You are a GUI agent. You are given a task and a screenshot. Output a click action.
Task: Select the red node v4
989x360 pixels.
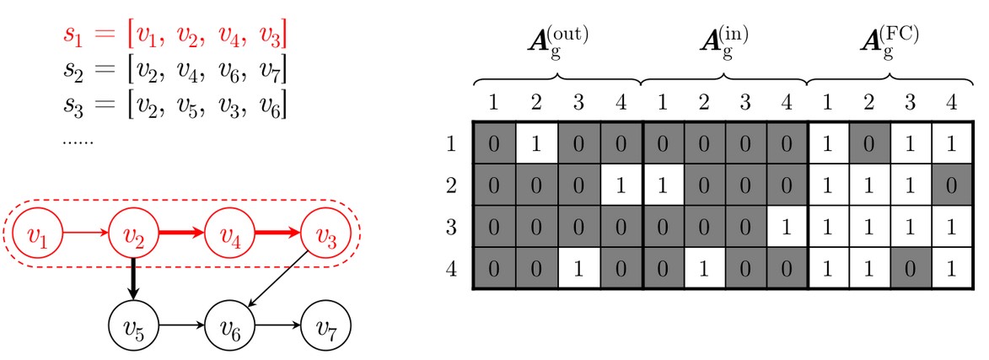pos(228,231)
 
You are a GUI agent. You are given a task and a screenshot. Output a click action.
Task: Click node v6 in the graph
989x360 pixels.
pos(228,321)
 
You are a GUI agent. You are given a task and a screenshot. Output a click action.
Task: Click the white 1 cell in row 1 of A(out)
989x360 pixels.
pos(536,143)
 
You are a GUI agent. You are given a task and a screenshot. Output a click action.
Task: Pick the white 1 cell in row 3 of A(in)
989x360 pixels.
pos(786,228)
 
